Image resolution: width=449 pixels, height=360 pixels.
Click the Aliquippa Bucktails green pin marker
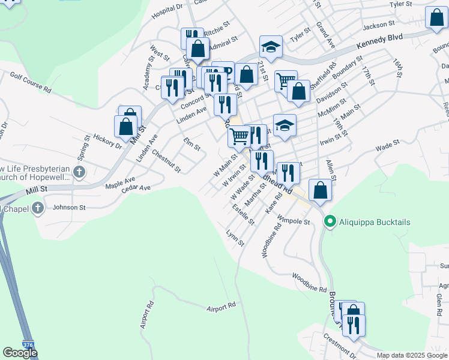(x=329, y=222)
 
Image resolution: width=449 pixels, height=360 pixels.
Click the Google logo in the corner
(x=20, y=353)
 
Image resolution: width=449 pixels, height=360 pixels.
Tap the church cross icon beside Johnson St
(x=38, y=208)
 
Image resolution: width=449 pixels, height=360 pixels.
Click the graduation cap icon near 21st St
(x=271, y=46)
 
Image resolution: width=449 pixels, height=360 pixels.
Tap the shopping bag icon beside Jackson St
(x=436, y=18)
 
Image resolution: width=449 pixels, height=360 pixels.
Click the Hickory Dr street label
(x=107, y=142)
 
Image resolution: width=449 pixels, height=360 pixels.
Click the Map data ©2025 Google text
(x=412, y=355)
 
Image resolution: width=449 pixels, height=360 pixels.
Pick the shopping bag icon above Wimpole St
(x=321, y=190)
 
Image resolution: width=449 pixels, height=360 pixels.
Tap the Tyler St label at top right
(x=403, y=4)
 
